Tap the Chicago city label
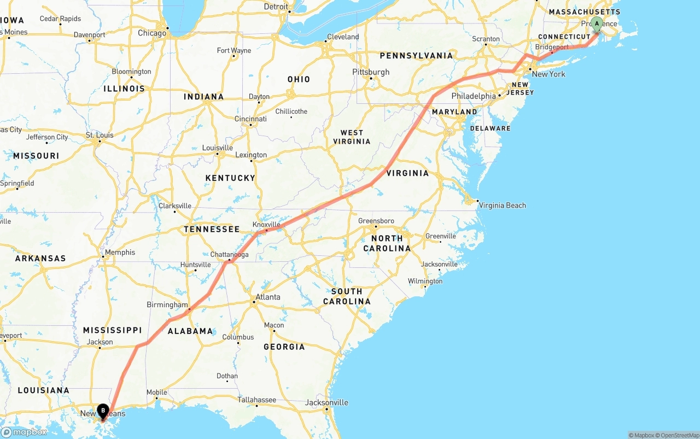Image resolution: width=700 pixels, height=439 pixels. pyautogui.click(x=152, y=33)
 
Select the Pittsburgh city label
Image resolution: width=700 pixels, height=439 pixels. pyautogui.click(x=371, y=72)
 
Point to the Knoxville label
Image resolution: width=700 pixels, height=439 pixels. pyautogui.click(x=266, y=224)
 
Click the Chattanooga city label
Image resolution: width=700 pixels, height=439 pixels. pyautogui.click(x=229, y=254)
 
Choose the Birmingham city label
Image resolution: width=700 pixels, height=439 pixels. pyautogui.click(x=167, y=305)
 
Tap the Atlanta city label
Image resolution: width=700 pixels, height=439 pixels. pyautogui.click(x=267, y=297)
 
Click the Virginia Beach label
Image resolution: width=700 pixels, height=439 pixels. pyautogui.click(x=502, y=205)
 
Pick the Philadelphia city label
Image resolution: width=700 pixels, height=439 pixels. pyautogui.click(x=474, y=96)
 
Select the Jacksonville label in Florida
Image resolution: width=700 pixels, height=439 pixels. pyautogui.click(x=326, y=402)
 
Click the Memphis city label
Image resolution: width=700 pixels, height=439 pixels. pyautogui.click(x=120, y=252)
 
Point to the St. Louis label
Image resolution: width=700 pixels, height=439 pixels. pyautogui.click(x=100, y=134)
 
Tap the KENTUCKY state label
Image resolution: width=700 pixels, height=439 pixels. pyautogui.click(x=230, y=178)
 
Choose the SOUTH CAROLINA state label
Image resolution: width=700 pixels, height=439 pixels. pyautogui.click(x=347, y=296)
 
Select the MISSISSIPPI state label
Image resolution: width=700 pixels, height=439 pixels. pyautogui.click(x=112, y=330)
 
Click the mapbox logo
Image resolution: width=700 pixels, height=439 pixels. pyautogui.click(x=24, y=432)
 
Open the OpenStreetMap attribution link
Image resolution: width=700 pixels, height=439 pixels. pyautogui.click(x=678, y=435)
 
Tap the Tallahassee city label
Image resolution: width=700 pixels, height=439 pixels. pyautogui.click(x=256, y=400)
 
